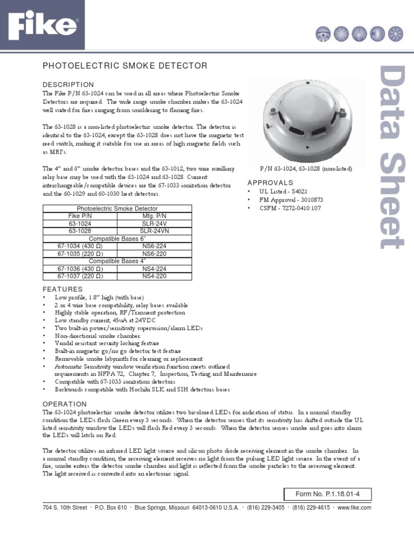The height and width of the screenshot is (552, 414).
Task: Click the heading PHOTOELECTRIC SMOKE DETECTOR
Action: (x=125, y=66)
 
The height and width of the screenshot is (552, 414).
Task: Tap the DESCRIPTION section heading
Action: (x=68, y=85)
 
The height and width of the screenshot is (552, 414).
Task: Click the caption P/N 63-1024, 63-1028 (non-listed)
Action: (x=306, y=169)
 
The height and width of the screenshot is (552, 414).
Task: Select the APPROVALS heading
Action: (x=270, y=183)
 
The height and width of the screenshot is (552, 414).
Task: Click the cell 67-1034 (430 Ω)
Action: (x=80, y=246)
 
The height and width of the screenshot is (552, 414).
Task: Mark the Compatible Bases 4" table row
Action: (x=117, y=261)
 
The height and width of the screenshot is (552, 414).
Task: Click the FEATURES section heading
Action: (x=63, y=289)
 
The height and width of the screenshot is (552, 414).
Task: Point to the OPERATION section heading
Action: (x=64, y=404)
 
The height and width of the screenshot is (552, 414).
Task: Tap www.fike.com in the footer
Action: (x=355, y=507)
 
